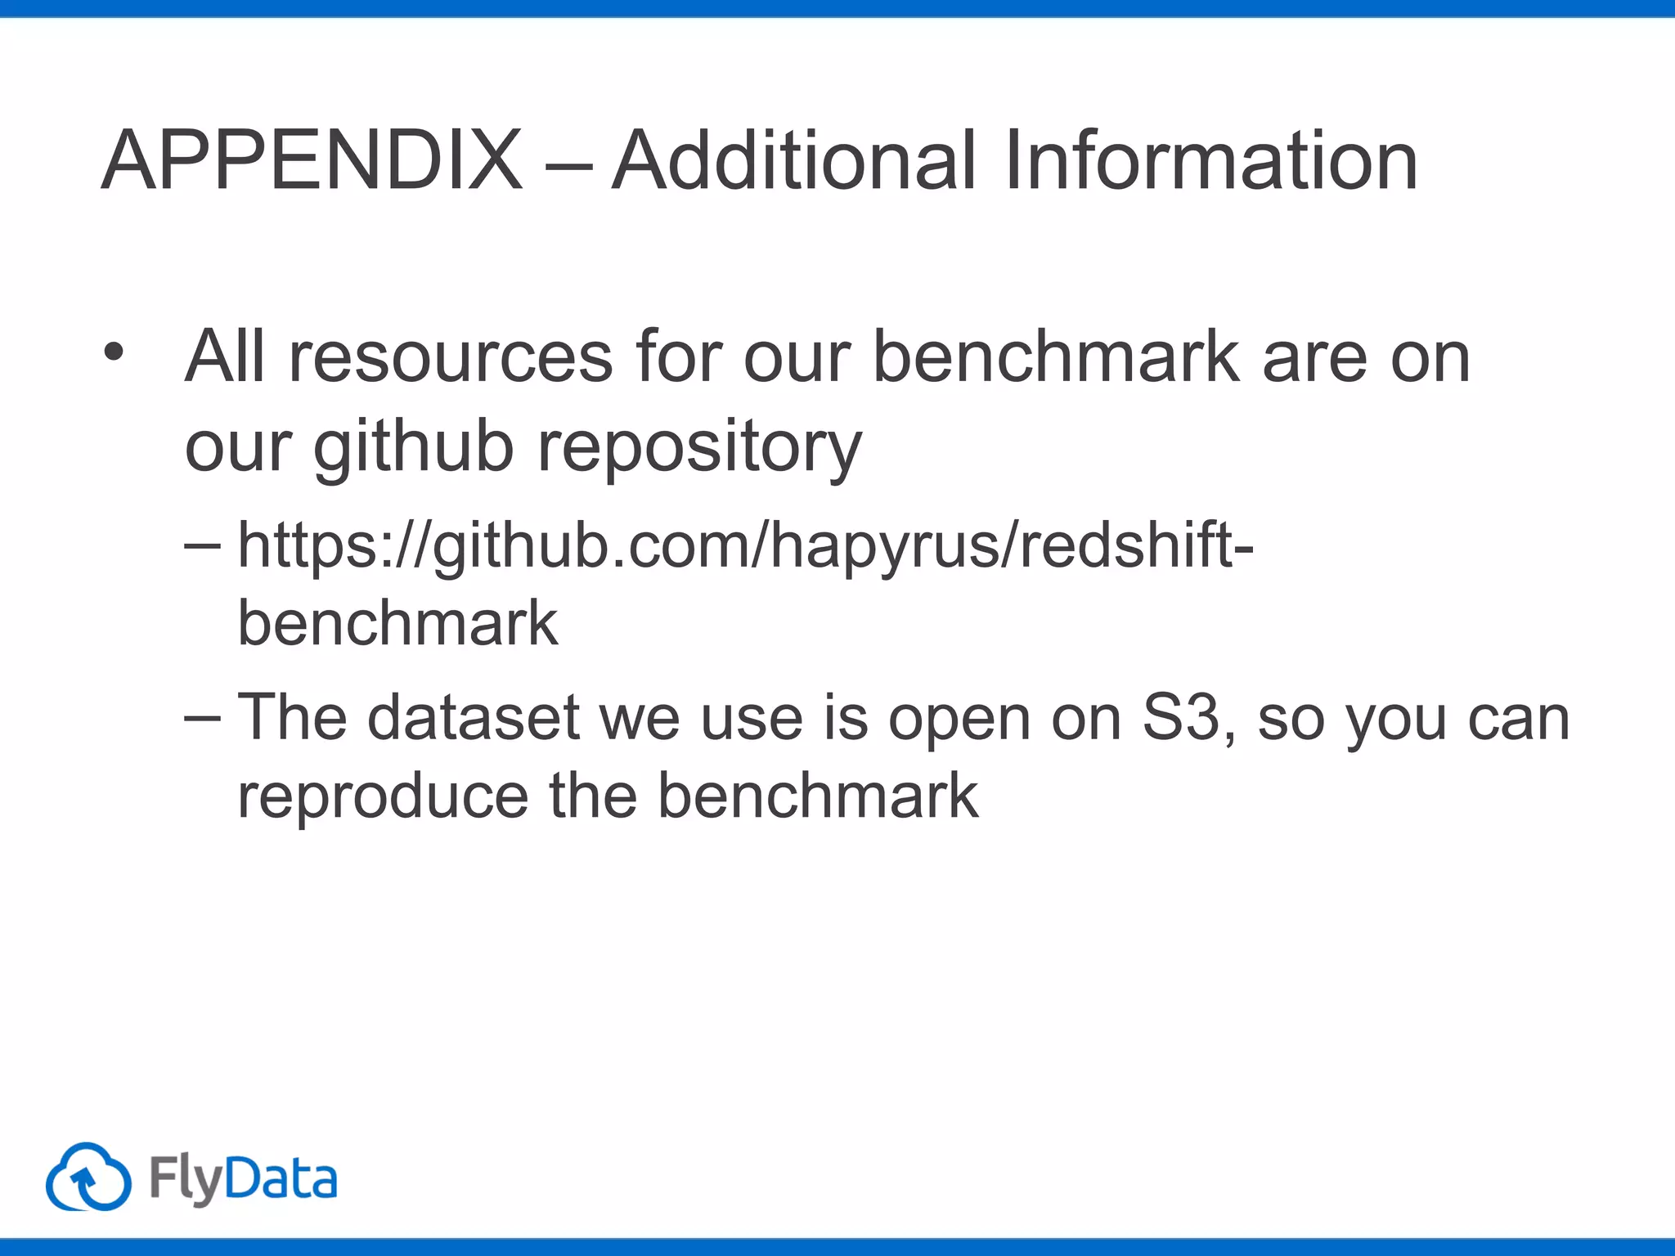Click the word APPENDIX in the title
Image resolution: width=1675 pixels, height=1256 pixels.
(312, 161)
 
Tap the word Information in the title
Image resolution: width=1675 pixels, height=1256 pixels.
(1210, 161)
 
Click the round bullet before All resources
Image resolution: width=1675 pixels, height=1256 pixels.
(114, 353)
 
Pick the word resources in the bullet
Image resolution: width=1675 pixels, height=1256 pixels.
(451, 357)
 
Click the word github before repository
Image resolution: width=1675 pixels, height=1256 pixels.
(414, 449)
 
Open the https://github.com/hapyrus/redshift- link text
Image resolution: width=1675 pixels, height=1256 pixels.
(744, 546)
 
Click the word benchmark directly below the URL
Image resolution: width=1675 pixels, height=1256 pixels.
(397, 623)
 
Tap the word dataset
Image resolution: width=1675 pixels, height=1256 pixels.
(474, 718)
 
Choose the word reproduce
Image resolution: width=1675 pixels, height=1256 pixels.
(383, 796)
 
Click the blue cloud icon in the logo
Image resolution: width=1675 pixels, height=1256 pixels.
(88, 1177)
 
